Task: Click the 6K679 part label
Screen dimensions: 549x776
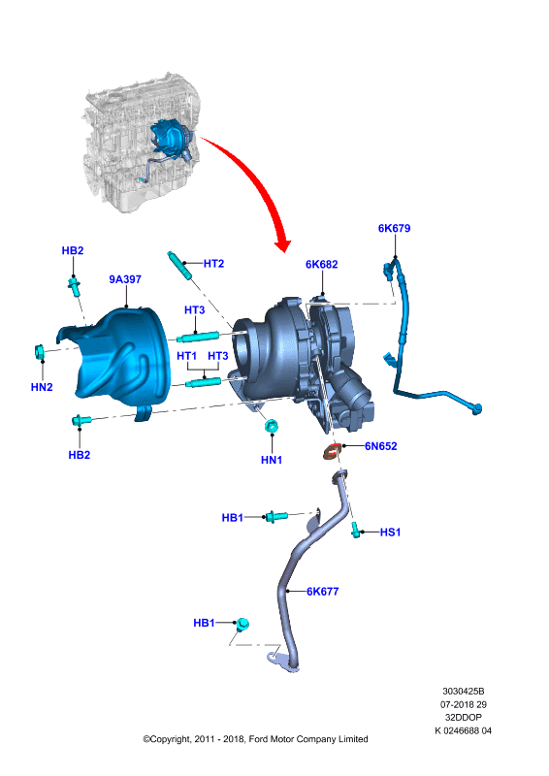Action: [x=394, y=228]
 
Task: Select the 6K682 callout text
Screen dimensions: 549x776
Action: [x=321, y=264]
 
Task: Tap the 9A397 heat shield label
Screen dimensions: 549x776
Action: [x=125, y=279]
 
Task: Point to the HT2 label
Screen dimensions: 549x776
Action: [x=213, y=263]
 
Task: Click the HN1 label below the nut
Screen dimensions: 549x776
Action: [x=272, y=460]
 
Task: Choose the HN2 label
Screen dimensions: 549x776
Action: [x=42, y=387]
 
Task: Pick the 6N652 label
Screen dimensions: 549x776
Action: [x=380, y=446]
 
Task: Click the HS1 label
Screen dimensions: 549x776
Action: [x=390, y=532]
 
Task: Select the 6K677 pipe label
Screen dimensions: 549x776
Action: [x=322, y=591]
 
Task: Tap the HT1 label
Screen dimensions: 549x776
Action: [x=186, y=356]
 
